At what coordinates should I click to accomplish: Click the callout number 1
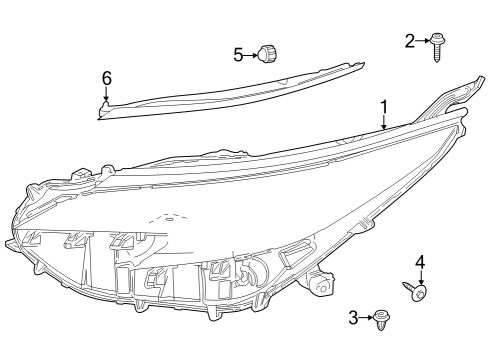[x=383, y=106]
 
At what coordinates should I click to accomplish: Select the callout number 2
[x=410, y=40]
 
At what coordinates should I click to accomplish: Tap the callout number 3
[x=353, y=317]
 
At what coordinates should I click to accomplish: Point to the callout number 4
[x=420, y=262]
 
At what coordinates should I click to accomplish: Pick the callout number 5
[x=239, y=54]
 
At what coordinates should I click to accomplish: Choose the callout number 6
[x=107, y=77]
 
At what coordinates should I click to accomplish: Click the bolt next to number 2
[x=438, y=45]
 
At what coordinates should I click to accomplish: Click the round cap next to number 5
[x=267, y=53]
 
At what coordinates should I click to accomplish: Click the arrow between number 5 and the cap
[x=252, y=54]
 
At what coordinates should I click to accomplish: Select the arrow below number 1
[x=383, y=122]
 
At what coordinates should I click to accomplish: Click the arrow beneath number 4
[x=420, y=277]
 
